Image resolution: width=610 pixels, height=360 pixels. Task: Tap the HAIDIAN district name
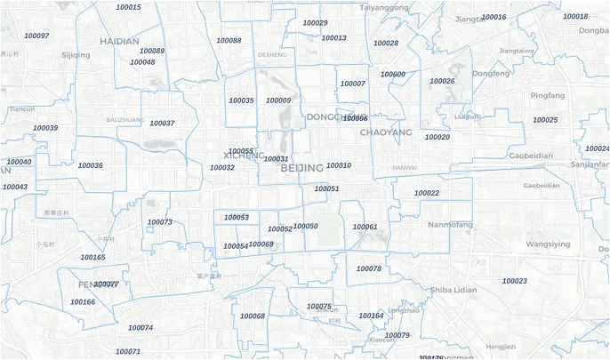pos(119,41)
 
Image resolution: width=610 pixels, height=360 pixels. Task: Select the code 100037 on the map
pos(162,123)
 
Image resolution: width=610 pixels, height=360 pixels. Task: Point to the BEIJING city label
pos(301,167)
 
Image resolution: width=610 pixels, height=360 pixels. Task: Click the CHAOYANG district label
pos(386,132)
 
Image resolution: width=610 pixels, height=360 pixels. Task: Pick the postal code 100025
pos(545,120)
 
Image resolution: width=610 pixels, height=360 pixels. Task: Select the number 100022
pos(427,193)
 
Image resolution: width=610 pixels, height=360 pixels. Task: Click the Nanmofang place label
pos(450,226)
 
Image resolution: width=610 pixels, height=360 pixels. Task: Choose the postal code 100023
pos(515,281)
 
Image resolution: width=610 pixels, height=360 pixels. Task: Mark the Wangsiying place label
pos(548,244)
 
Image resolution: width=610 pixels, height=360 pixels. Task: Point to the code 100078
pos(368,268)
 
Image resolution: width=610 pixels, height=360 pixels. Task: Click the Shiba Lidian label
pos(453,290)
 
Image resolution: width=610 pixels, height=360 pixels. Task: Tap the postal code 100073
pos(159,222)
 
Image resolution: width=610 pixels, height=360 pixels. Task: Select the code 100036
pos(90,165)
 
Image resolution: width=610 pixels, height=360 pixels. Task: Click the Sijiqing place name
pos(76,55)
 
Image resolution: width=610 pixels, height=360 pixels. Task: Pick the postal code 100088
pos(229,41)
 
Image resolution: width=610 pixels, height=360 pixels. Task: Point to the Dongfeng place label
pos(491,73)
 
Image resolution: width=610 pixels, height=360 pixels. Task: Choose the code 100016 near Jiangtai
pos(494,17)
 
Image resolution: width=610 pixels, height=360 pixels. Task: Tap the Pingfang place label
pos(547,95)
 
